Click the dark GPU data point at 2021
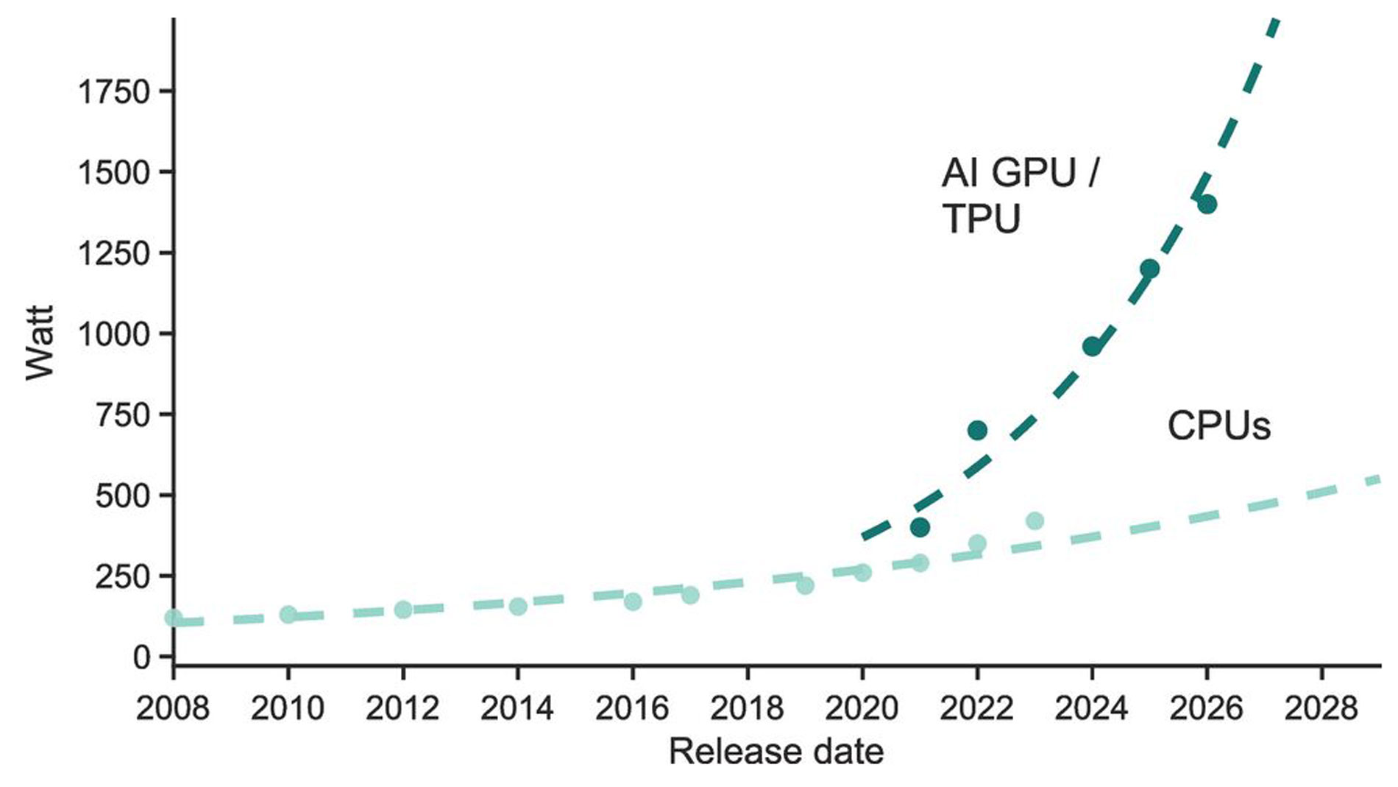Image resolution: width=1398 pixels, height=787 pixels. click(919, 527)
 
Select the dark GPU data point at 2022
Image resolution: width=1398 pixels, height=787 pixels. click(977, 430)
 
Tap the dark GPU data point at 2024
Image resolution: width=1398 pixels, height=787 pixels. click(1092, 346)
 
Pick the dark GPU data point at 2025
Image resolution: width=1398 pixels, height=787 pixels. click(1149, 269)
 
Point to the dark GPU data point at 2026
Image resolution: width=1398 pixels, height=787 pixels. click(1207, 204)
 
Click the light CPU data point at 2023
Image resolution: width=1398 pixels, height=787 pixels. click(1035, 520)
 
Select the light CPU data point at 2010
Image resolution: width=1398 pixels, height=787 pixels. click(288, 614)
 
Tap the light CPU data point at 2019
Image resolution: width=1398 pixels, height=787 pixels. click(805, 585)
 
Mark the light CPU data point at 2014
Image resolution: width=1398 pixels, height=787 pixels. click(518, 606)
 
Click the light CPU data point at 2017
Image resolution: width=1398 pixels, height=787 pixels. click(690, 595)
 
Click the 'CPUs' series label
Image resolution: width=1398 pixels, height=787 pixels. click(1218, 426)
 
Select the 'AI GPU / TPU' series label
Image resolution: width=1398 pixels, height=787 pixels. click(1019, 196)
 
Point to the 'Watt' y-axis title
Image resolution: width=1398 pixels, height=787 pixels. click(40, 342)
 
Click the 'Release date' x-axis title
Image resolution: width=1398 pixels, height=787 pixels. click(776, 752)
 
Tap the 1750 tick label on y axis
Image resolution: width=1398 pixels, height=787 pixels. click(114, 92)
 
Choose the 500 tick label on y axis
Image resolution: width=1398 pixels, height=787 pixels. click(122, 495)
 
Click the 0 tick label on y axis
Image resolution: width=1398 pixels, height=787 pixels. click(141, 657)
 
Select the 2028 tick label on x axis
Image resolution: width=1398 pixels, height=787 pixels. click(1321, 708)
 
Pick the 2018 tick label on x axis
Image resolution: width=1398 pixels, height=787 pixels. click(747, 708)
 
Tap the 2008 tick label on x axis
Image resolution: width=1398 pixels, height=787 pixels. click(173, 708)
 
